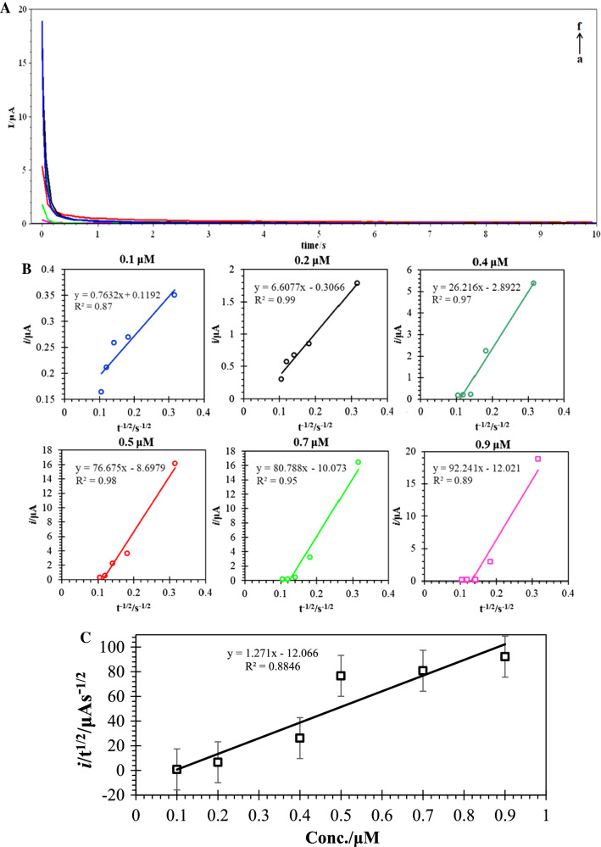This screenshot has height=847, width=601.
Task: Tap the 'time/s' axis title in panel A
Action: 318,243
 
